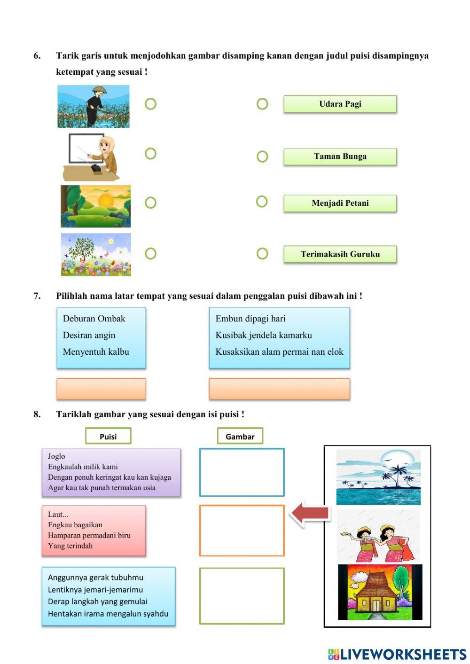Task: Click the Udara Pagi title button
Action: click(x=340, y=104)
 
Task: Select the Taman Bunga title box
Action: click(x=340, y=156)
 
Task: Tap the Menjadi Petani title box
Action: click(x=340, y=203)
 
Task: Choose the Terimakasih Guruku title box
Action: click(x=340, y=254)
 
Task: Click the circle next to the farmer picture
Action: click(x=150, y=104)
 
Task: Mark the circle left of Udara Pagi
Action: click(x=262, y=104)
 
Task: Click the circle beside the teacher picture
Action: click(x=150, y=154)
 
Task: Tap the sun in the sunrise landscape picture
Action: click(x=106, y=201)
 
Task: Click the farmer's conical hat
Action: click(x=99, y=89)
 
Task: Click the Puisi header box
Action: click(x=108, y=436)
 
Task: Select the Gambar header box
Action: click(x=240, y=436)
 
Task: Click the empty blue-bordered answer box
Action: click(x=242, y=472)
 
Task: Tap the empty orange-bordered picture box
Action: click(x=242, y=531)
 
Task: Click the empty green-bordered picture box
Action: click(x=242, y=596)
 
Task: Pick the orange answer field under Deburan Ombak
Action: click(x=101, y=389)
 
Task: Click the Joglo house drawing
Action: click(x=380, y=592)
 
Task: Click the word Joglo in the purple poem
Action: click(x=56, y=456)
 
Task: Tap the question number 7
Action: click(x=37, y=296)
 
